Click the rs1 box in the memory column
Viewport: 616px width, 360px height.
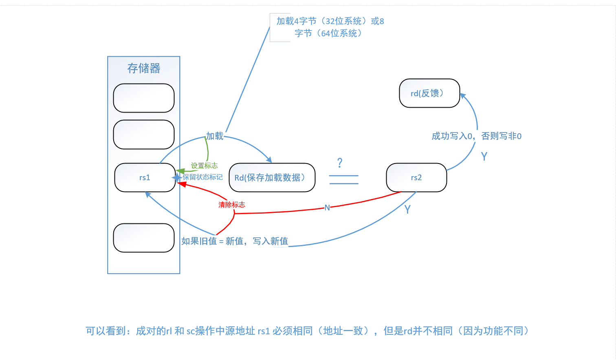coord(145,177)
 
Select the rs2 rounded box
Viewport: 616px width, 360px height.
coord(416,177)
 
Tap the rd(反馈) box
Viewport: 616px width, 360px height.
coord(429,93)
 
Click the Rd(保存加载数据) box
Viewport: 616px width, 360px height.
coord(272,177)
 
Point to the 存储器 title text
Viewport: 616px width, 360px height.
coord(144,68)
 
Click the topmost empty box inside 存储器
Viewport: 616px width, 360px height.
coord(144,98)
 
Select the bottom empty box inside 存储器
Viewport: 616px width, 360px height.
coord(144,238)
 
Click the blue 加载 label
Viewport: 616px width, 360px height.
coord(215,136)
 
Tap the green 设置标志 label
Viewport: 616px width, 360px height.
coord(204,166)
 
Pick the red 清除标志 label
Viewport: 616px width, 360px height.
coord(231,205)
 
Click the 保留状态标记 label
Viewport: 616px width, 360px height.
coord(202,177)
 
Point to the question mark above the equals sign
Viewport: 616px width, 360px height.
coord(340,163)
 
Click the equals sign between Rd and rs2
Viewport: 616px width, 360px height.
coord(343,179)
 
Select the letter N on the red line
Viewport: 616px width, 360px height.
coord(327,208)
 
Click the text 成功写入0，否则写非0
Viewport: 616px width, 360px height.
coord(476,136)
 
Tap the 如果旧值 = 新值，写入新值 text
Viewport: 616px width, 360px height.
coord(235,241)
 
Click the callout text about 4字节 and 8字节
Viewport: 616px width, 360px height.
coord(330,27)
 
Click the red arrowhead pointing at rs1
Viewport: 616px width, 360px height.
coord(180,184)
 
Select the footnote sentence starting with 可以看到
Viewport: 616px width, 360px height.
coord(308,331)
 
